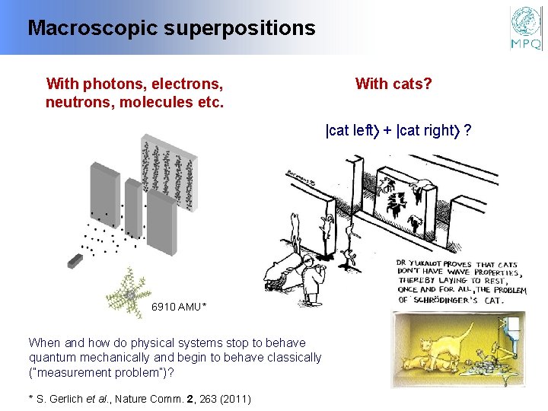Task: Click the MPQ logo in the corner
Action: [526, 28]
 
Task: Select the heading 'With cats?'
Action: [393, 84]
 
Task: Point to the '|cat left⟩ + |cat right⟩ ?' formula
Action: [397, 130]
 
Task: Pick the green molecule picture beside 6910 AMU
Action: [130, 293]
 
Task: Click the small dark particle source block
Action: [75, 261]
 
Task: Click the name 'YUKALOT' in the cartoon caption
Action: [435, 264]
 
